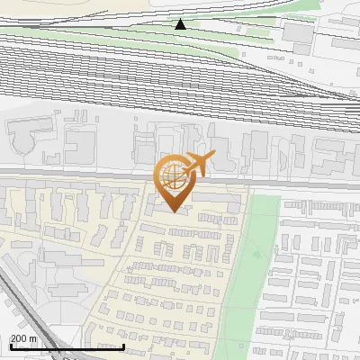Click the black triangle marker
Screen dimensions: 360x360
[x=181, y=24]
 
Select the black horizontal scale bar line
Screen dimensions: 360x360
[x=67, y=346]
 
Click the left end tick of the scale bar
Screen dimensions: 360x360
[x=10, y=346]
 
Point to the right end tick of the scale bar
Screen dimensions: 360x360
[x=123, y=346]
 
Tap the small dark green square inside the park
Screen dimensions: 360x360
[x=256, y=254]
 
